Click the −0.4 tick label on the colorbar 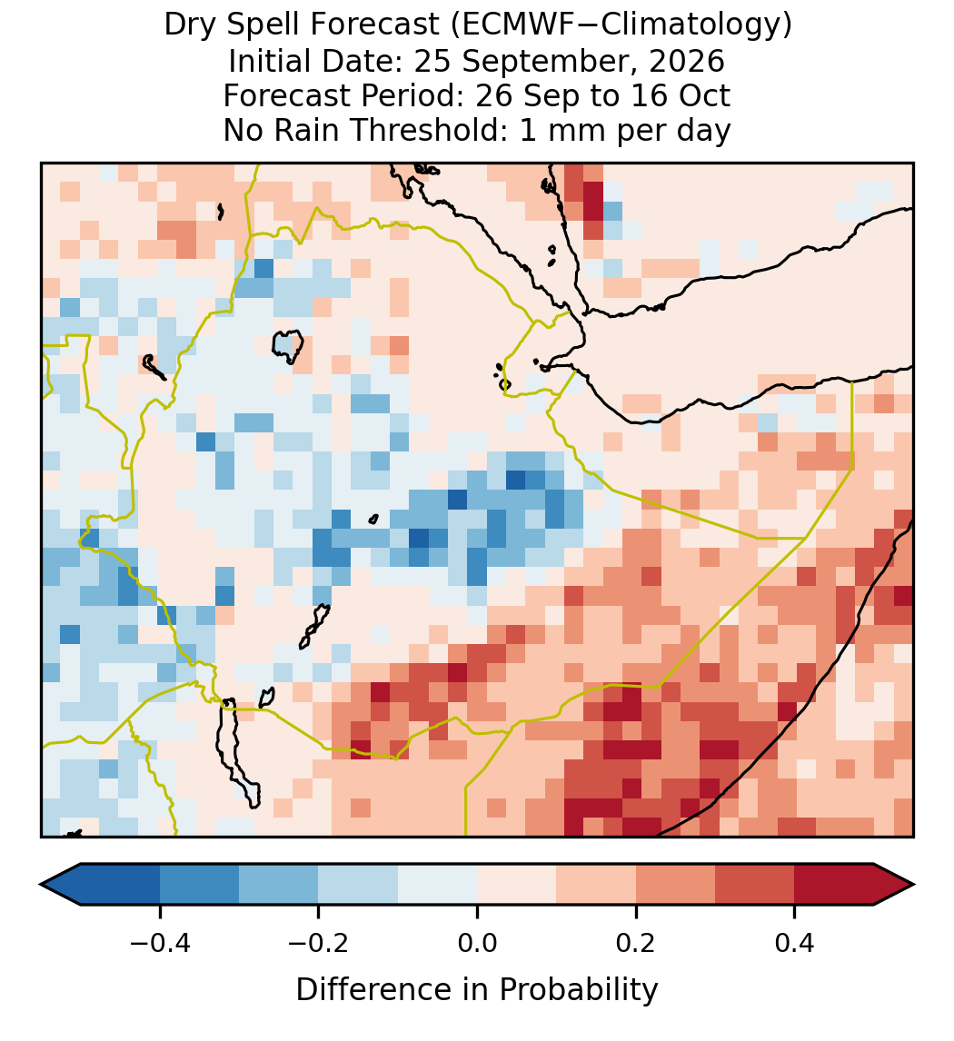pos(160,943)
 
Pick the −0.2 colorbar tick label pos(319,943)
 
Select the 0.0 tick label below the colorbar pos(477,943)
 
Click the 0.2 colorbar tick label pos(636,943)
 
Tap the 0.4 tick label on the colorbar pos(795,943)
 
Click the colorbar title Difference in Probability pos(477,990)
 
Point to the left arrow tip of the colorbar pos(41,885)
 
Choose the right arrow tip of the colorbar pos(913,885)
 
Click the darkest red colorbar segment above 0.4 pos(834,885)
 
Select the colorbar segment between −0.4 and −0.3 pos(199,885)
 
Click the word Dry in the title pos(185,26)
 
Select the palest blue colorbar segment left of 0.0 pos(438,885)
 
